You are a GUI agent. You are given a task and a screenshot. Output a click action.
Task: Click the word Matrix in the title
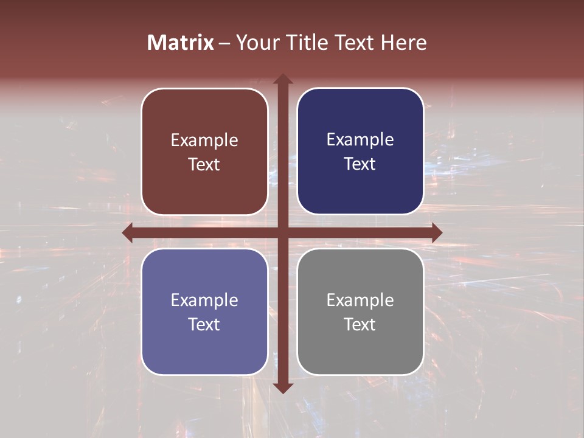pyautogui.click(x=181, y=43)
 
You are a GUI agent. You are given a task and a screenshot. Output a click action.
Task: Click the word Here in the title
pyautogui.click(x=403, y=43)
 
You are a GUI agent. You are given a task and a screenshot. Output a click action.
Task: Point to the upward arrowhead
pyautogui.click(x=282, y=79)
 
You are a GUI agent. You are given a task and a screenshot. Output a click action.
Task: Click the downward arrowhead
pyautogui.click(x=282, y=388)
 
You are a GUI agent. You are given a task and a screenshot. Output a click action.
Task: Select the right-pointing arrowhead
pyautogui.click(x=437, y=232)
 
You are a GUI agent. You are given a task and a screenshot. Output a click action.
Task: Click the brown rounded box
pyautogui.click(x=204, y=151)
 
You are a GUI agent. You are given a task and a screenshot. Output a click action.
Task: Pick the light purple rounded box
pyautogui.click(x=204, y=311)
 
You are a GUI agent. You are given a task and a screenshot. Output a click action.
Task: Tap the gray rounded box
pyautogui.click(x=360, y=311)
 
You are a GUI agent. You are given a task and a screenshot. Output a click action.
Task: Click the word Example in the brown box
pyautogui.click(x=204, y=140)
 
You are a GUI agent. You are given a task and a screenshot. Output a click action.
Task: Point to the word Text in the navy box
pyautogui.click(x=360, y=164)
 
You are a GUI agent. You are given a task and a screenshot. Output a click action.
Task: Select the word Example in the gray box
pyautogui.click(x=360, y=300)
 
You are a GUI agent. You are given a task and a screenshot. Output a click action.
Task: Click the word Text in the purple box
pyautogui.click(x=204, y=324)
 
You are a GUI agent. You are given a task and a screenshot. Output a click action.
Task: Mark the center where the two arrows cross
pyautogui.click(x=282, y=232)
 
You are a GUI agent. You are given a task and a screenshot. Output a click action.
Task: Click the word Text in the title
pyautogui.click(x=353, y=43)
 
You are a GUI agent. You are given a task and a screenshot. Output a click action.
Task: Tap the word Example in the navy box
pyautogui.click(x=360, y=139)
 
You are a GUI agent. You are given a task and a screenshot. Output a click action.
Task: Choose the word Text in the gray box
pyautogui.click(x=360, y=324)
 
